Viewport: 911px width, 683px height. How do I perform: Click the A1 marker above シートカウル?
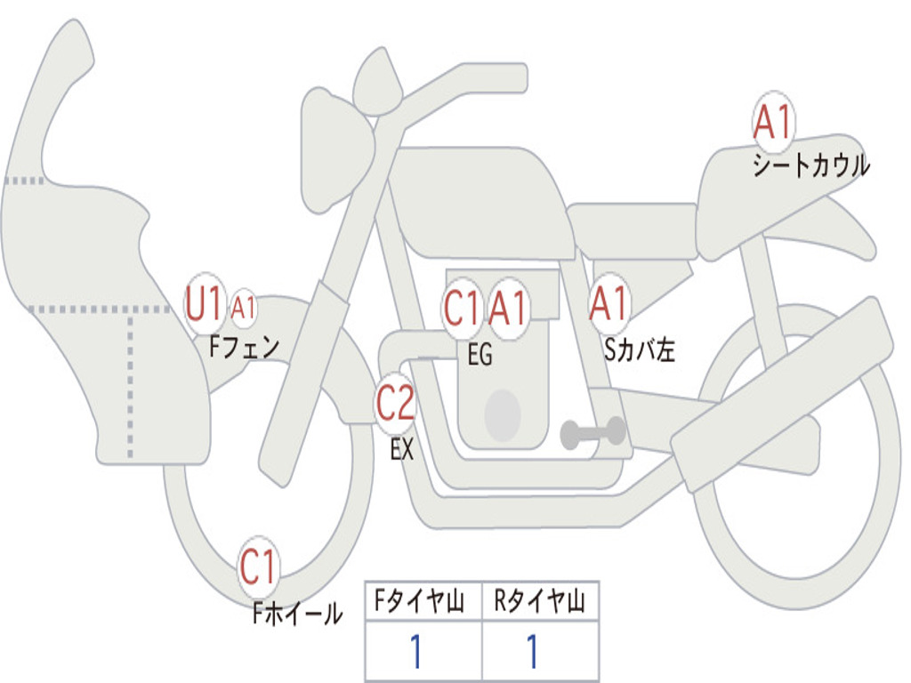(772, 122)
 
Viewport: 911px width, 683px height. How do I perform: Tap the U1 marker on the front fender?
(205, 305)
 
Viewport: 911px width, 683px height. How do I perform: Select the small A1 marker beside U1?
(243, 309)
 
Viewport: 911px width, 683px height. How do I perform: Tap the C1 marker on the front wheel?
(259, 566)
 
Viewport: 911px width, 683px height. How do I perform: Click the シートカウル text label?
(810, 166)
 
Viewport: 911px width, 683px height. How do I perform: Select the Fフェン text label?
(245, 346)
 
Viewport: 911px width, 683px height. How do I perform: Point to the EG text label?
(480, 355)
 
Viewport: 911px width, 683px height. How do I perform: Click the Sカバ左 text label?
(640, 350)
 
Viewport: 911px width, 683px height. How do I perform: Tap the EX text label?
(402, 449)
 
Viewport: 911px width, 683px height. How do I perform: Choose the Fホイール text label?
(297, 613)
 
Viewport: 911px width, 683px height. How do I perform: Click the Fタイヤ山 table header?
(423, 603)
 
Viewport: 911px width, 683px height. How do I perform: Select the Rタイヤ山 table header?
(540, 603)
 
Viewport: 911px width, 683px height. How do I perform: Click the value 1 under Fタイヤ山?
(415, 652)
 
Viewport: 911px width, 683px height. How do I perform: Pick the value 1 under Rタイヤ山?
(532, 652)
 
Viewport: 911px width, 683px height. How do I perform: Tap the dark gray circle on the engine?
(502, 414)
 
